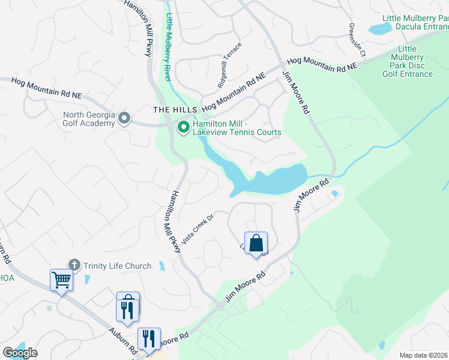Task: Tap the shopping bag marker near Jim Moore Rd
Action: click(256, 244)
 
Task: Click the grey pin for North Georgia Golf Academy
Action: click(124, 118)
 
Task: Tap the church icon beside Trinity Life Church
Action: click(74, 265)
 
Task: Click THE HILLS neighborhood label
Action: click(175, 110)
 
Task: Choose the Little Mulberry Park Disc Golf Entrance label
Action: click(408, 62)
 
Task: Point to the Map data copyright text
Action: click(424, 355)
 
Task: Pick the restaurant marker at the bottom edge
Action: click(148, 339)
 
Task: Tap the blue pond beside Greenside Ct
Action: click(379, 28)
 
